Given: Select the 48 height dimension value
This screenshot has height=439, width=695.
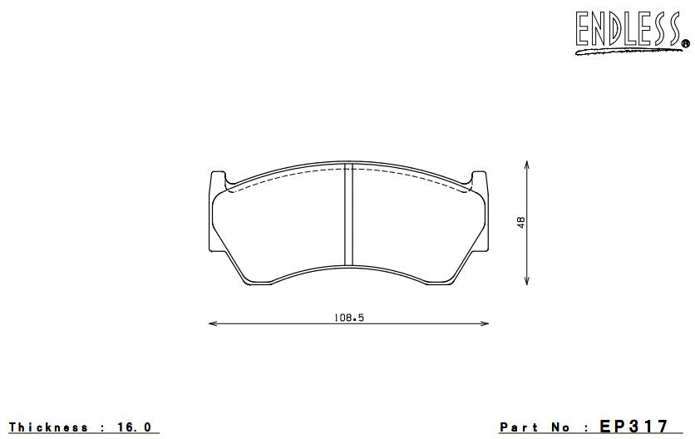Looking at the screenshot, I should click(x=521, y=223).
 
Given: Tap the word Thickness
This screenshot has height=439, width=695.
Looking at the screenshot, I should click(x=48, y=427).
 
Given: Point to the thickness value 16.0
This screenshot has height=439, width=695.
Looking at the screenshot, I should click(x=134, y=427).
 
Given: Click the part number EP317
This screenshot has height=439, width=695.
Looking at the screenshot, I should click(x=633, y=427).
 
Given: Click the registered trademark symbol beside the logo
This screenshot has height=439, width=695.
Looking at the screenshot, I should click(x=684, y=42).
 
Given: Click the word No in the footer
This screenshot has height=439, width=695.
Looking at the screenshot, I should click(x=562, y=427).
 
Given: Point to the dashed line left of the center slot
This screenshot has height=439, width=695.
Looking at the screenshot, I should click(x=283, y=179).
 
